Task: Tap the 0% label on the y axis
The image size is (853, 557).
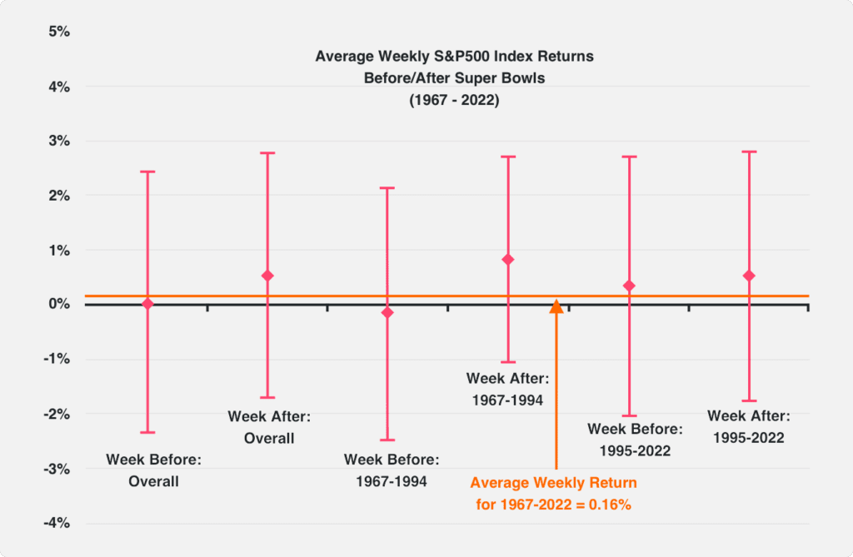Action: pos(59,305)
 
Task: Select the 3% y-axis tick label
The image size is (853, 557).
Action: pos(59,141)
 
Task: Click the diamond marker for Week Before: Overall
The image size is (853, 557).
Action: pos(147,304)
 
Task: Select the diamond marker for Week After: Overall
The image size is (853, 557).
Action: pos(267,276)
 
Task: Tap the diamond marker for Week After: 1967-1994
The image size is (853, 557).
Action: pos(508,260)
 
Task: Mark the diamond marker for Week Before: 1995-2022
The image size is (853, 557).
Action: pos(629,286)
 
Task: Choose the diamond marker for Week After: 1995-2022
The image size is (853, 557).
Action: pos(749,276)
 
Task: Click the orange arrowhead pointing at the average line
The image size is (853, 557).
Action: pos(556,307)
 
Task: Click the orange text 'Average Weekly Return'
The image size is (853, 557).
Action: pos(553,483)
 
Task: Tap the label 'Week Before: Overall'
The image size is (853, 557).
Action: pos(154,470)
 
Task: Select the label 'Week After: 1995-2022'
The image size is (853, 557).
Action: pos(748,426)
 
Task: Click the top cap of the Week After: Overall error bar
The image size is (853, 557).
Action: pos(267,153)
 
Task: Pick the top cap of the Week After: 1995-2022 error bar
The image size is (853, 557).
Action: pos(749,152)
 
